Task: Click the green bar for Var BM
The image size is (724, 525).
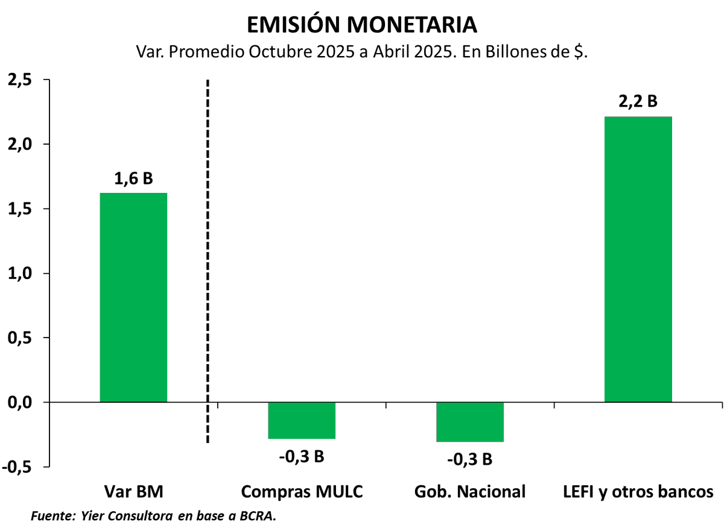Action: (x=133, y=297)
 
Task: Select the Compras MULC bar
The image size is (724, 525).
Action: (x=302, y=420)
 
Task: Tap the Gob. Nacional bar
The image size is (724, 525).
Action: (x=469, y=422)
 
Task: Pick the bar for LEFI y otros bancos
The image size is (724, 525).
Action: (x=638, y=259)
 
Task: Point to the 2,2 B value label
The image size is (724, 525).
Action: (x=638, y=102)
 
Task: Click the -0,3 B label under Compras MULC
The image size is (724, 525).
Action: (x=302, y=456)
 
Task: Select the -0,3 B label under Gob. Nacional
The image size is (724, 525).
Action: (x=469, y=459)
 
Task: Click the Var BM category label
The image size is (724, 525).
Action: (x=133, y=491)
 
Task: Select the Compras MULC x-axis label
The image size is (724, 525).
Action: (x=302, y=491)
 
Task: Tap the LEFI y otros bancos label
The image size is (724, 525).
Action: (x=638, y=491)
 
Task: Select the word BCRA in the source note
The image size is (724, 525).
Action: (x=259, y=516)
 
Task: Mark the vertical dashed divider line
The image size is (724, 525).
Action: (x=208, y=241)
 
